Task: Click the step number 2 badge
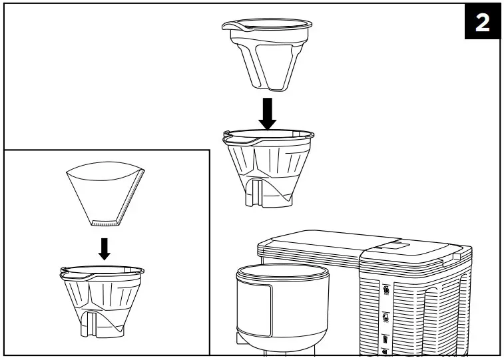pyautogui.click(x=482, y=23)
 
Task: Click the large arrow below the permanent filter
pyautogui.click(x=268, y=112)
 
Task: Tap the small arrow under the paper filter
pyautogui.click(x=103, y=247)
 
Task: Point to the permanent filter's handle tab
pyautogui.click(x=233, y=27)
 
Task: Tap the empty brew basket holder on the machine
pyautogui.click(x=283, y=306)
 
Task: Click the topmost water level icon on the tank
pyautogui.click(x=386, y=290)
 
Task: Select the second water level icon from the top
pyautogui.click(x=386, y=317)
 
